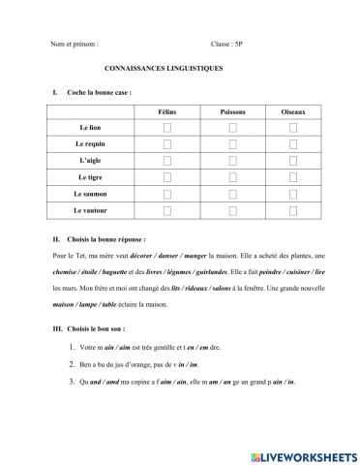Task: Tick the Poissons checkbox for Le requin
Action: click(x=232, y=144)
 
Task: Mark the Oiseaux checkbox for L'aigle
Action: click(x=298, y=161)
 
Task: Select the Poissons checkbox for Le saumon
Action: click(x=232, y=194)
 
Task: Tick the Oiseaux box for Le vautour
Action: click(x=298, y=210)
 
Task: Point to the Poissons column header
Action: click(x=232, y=111)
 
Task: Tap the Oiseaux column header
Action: click(x=298, y=111)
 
